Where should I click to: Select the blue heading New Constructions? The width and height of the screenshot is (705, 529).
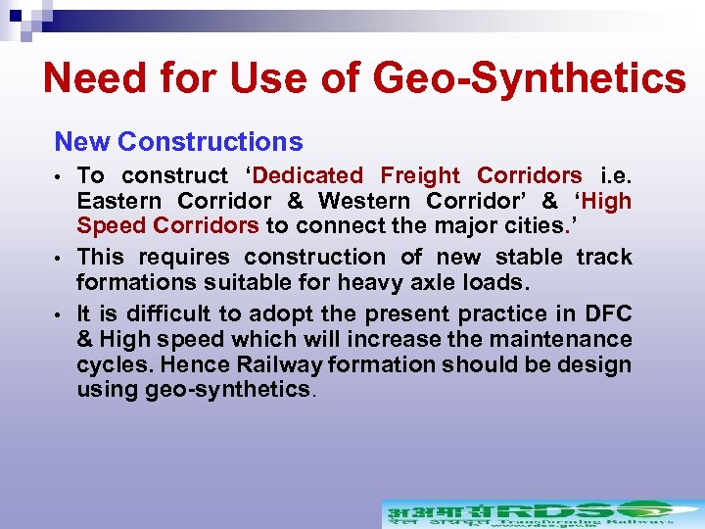click(x=178, y=142)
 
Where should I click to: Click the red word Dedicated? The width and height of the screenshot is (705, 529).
click(x=307, y=176)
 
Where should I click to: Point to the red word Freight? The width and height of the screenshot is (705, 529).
click(x=420, y=176)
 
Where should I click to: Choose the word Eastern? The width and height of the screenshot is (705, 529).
click(x=119, y=202)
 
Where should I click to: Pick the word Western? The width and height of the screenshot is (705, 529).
click(x=366, y=202)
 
